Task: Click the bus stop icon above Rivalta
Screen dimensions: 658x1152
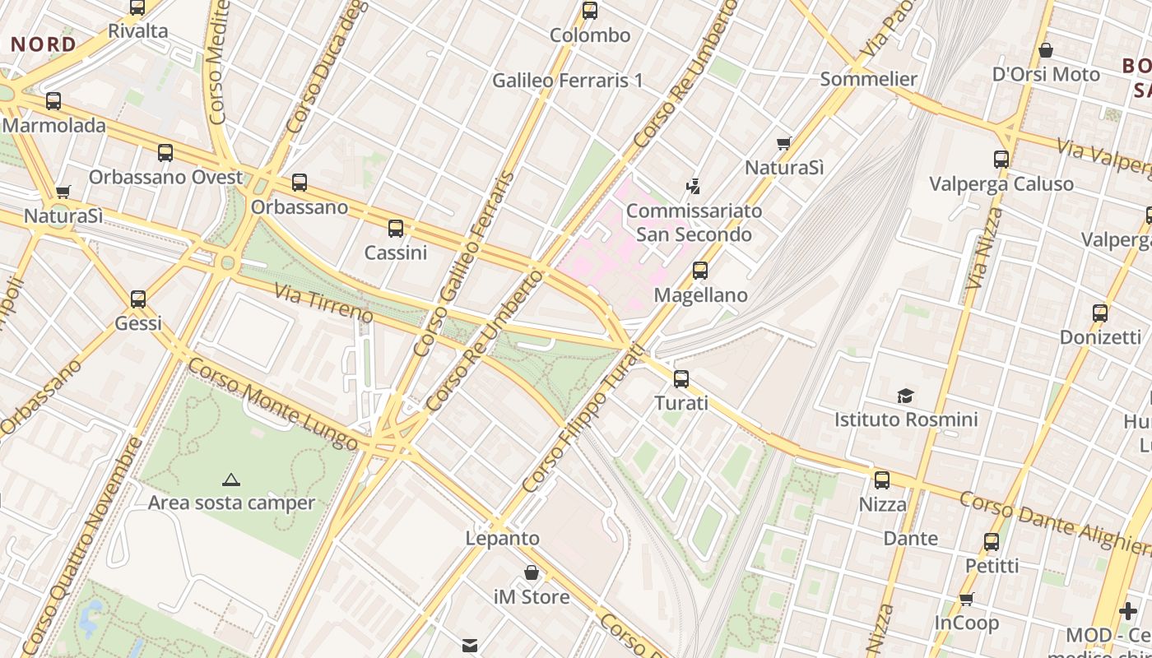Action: click(x=137, y=7)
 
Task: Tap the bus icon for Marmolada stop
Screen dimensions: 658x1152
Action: click(x=53, y=101)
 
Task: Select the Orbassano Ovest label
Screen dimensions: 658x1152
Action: click(x=165, y=177)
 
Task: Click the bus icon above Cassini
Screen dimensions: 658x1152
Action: click(x=396, y=228)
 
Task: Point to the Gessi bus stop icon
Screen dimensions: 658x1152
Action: click(x=138, y=299)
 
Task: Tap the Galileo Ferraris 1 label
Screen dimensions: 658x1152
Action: click(x=567, y=81)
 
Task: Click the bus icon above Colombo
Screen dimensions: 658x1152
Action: click(x=589, y=11)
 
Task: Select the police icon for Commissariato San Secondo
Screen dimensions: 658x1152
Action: click(x=694, y=186)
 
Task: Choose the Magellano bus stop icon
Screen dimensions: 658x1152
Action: click(x=700, y=270)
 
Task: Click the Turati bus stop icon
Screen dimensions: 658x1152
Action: click(x=681, y=378)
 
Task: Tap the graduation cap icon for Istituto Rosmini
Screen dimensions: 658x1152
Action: click(x=905, y=396)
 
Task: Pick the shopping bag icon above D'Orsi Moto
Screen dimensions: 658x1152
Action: click(x=1045, y=50)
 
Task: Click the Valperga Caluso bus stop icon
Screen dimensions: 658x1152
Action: click(x=1001, y=159)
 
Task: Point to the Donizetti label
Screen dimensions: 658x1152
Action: click(x=1100, y=337)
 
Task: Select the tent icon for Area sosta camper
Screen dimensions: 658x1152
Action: click(x=230, y=480)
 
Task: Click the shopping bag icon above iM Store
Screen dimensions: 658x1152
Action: click(x=532, y=572)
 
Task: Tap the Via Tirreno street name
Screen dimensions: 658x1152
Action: click(x=323, y=304)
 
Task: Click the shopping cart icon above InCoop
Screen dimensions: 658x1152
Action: click(x=966, y=599)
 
